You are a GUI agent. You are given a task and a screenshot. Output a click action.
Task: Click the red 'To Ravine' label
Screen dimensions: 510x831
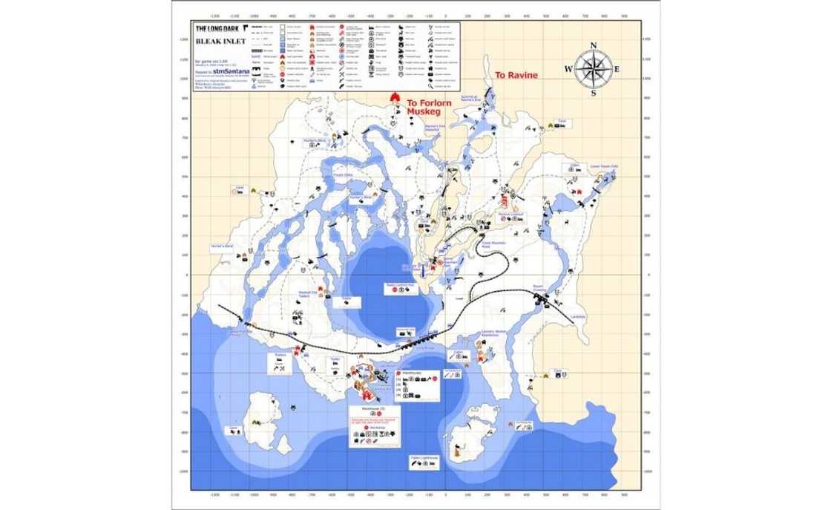point(516,76)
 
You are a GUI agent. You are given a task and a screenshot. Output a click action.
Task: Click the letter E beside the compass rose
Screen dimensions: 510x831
point(618,69)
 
